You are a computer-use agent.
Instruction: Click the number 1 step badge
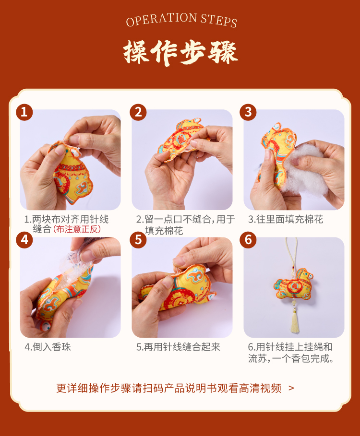[x=24, y=112]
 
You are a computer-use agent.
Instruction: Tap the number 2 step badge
[x=138, y=112]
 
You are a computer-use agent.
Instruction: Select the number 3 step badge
[x=248, y=112]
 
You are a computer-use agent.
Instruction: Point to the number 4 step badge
[x=24, y=240]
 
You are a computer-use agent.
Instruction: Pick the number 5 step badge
[x=138, y=240]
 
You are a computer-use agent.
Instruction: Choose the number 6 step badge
[x=248, y=240]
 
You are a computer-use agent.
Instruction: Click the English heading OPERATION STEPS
[x=181, y=20]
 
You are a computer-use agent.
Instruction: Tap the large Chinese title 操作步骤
[x=181, y=53]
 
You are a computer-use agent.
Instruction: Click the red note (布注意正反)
[x=77, y=229]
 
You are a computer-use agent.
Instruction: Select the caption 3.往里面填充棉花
[x=286, y=219]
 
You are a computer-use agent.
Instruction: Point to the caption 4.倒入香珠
[x=48, y=347]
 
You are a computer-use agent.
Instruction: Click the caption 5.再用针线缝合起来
[x=178, y=347]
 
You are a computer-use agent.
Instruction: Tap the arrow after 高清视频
[x=291, y=388]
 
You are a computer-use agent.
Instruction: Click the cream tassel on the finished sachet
[x=294, y=320]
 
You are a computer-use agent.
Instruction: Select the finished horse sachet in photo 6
[x=293, y=284]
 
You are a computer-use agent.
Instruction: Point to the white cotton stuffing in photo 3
[x=303, y=167]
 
